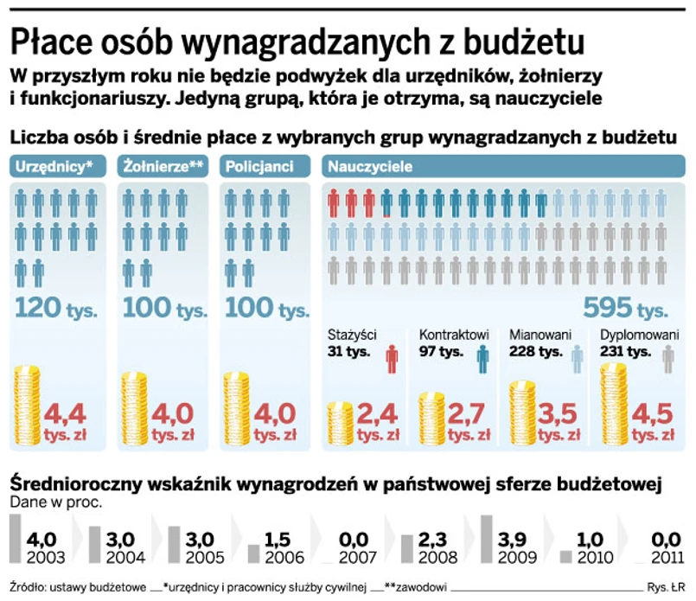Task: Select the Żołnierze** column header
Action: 163,166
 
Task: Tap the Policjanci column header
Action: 259,166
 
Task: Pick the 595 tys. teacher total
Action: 625,307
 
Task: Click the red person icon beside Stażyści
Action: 393,357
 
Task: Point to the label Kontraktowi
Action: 455,336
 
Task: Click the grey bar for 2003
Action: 16,538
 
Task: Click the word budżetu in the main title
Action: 527,41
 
